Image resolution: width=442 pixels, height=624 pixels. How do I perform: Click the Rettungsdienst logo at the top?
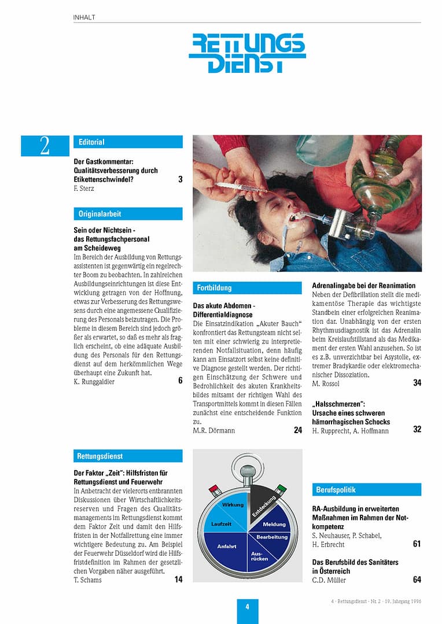pos(247,53)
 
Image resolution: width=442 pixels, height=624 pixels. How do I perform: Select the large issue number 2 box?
pos(45,146)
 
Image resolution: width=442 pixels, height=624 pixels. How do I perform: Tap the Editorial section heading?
pos(127,142)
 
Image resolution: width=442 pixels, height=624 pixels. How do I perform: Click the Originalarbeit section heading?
pos(127,214)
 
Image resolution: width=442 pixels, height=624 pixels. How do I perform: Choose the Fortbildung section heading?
pos(247,287)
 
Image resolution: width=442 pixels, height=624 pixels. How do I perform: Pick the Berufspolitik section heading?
pos(366,490)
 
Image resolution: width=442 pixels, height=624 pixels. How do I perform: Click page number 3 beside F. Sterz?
pos(180,179)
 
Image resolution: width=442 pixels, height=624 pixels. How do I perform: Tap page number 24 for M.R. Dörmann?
pos(297,430)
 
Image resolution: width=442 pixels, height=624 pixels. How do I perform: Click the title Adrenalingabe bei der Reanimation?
pos(364,286)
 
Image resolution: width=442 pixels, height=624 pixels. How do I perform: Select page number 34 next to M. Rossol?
pos(417,383)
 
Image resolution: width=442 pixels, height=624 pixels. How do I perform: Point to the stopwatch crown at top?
pos(248,470)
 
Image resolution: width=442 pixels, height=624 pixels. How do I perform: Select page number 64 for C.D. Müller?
pos(417,579)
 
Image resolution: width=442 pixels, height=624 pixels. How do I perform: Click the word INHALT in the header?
pos(84,17)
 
